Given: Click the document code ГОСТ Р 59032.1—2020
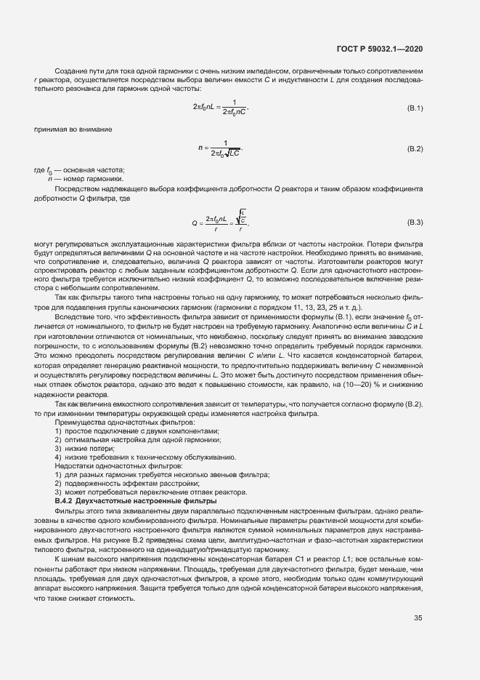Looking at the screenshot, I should coord(380,49).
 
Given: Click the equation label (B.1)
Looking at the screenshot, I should coord(415,108).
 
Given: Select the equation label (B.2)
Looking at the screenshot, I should coord(415,148).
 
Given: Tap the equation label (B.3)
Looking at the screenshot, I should coord(415,221).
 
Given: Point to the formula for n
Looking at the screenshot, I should coord(221,148).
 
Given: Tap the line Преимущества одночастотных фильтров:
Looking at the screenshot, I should coord(111,422).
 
